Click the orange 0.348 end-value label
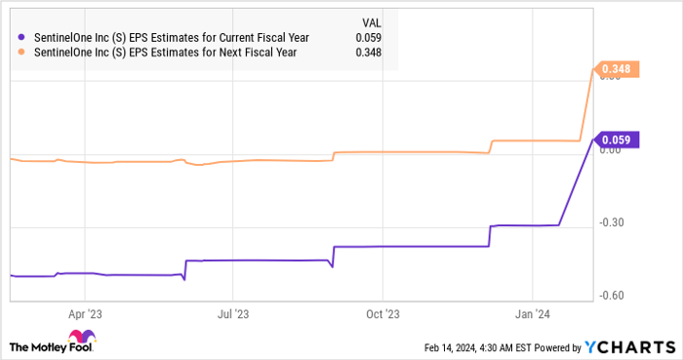point(617,69)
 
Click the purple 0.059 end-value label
point(617,140)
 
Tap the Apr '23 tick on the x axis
point(85,314)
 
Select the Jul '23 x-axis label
point(233,314)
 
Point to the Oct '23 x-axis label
point(382,314)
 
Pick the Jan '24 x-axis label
point(532,314)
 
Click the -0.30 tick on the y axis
point(612,222)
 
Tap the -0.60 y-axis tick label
point(612,296)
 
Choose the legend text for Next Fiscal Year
point(163,52)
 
